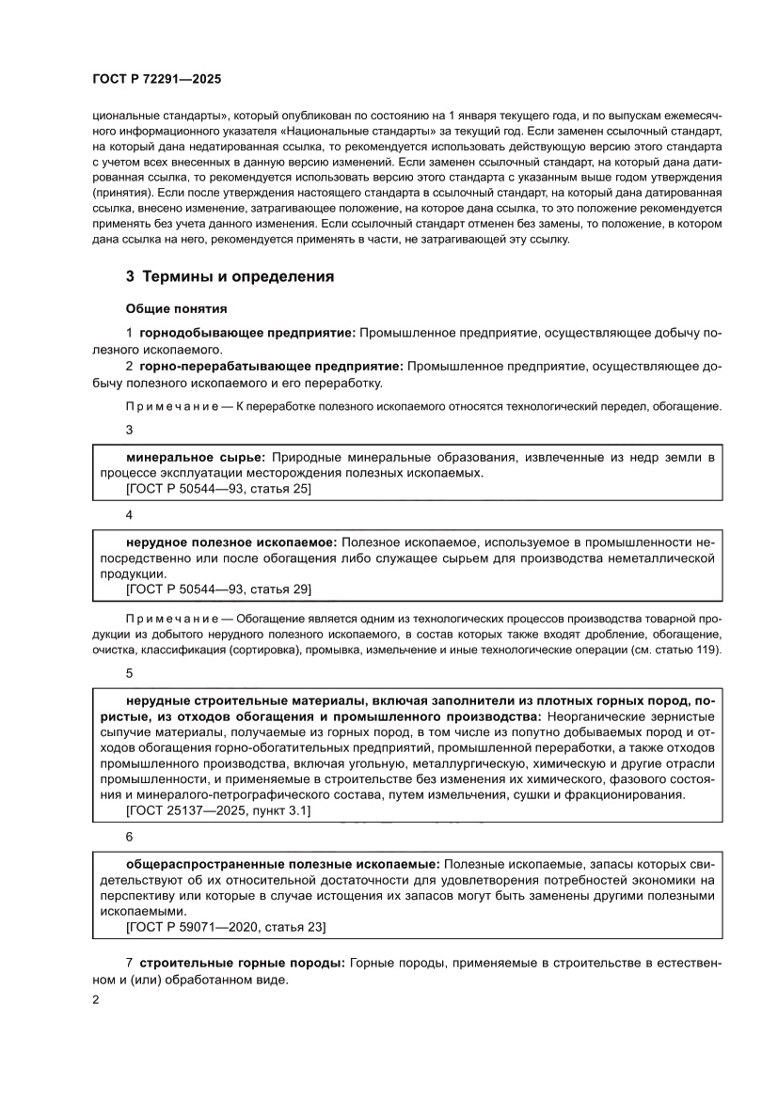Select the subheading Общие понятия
pyautogui.click(x=176, y=307)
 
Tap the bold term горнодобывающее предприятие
pyautogui.click(x=247, y=333)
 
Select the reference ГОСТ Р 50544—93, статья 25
pyautogui.click(x=218, y=489)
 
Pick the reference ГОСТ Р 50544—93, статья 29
pyautogui.click(x=218, y=589)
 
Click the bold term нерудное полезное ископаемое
pyautogui.click(x=231, y=542)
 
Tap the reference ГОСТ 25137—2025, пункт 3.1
pyautogui.click(x=218, y=809)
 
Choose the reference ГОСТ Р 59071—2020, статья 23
pyautogui.click(x=226, y=927)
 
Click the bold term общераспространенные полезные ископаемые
pyautogui.click(x=282, y=863)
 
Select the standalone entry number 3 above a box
pyautogui.click(x=130, y=430)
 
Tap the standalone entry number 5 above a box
pyautogui.click(x=130, y=673)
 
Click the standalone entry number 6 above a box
pyautogui.click(x=130, y=836)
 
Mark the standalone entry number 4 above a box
pyautogui.click(x=130, y=515)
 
